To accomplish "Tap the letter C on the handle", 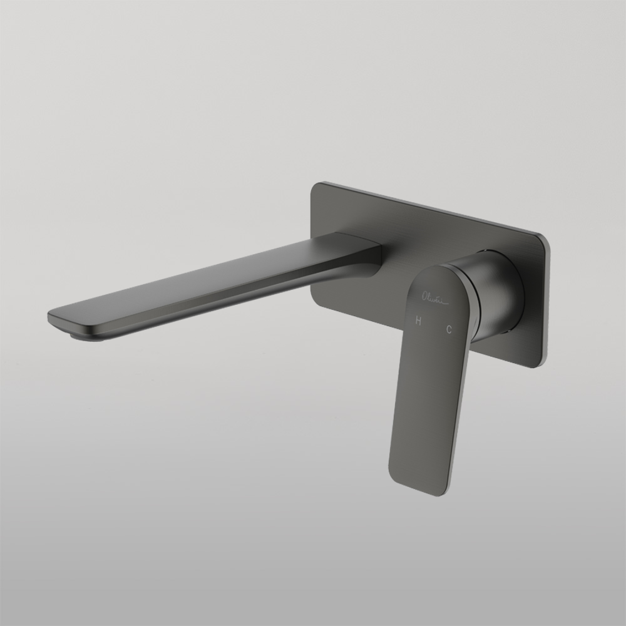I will pyautogui.click(x=449, y=330).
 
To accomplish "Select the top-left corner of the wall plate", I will pyautogui.click(x=317, y=187).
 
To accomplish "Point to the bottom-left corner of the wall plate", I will pyautogui.click(x=317, y=300).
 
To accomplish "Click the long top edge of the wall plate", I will pyautogui.click(x=432, y=210).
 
